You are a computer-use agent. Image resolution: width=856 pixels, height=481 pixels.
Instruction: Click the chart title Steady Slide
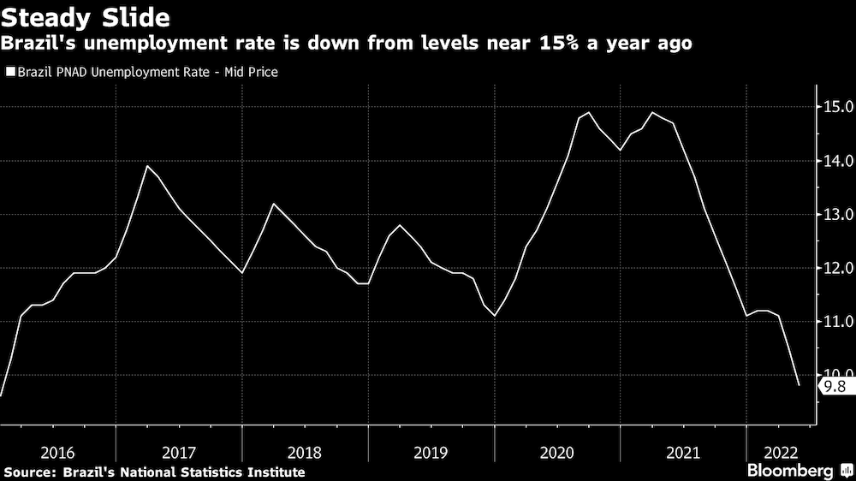click(x=85, y=16)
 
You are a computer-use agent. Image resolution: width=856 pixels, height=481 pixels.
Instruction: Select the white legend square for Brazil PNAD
click(x=9, y=73)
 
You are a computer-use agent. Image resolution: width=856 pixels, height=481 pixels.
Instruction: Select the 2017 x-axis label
click(x=179, y=452)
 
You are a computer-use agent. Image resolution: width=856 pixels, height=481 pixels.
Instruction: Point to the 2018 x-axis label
click(x=305, y=452)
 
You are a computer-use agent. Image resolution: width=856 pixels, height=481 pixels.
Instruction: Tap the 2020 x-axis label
click(x=557, y=452)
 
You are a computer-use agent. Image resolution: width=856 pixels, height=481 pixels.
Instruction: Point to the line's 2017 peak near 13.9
click(x=147, y=166)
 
